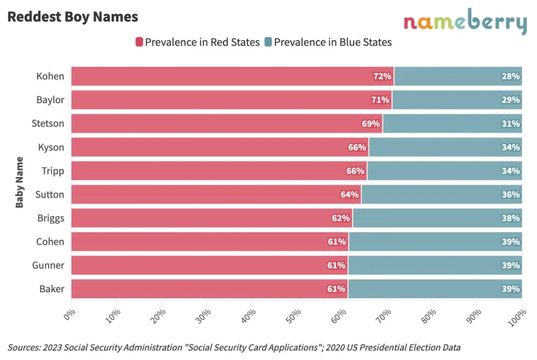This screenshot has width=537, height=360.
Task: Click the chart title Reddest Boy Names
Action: tap(72, 17)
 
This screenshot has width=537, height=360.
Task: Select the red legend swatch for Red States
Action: tap(139, 42)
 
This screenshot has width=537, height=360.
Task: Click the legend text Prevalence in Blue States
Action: tap(332, 42)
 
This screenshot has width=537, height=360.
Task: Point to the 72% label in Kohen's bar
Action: tap(382, 77)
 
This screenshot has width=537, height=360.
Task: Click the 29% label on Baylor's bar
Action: tap(510, 100)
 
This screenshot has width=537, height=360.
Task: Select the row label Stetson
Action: tap(48, 124)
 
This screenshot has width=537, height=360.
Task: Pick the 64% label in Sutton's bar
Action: tap(350, 194)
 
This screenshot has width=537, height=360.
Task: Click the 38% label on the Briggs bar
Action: tap(510, 218)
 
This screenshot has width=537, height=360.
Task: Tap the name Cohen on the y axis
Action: tap(50, 242)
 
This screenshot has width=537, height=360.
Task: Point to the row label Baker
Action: tap(52, 289)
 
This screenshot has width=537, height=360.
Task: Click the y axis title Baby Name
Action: tap(19, 182)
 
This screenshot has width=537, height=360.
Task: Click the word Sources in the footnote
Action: tap(24, 347)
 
